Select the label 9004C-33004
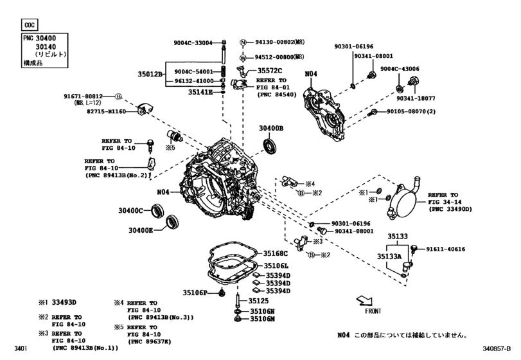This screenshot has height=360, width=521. [193, 43]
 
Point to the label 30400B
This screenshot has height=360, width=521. [270, 129]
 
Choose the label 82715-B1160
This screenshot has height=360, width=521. [85, 112]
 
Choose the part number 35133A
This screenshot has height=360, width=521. [389, 256]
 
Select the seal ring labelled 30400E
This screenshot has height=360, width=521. [171, 222]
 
